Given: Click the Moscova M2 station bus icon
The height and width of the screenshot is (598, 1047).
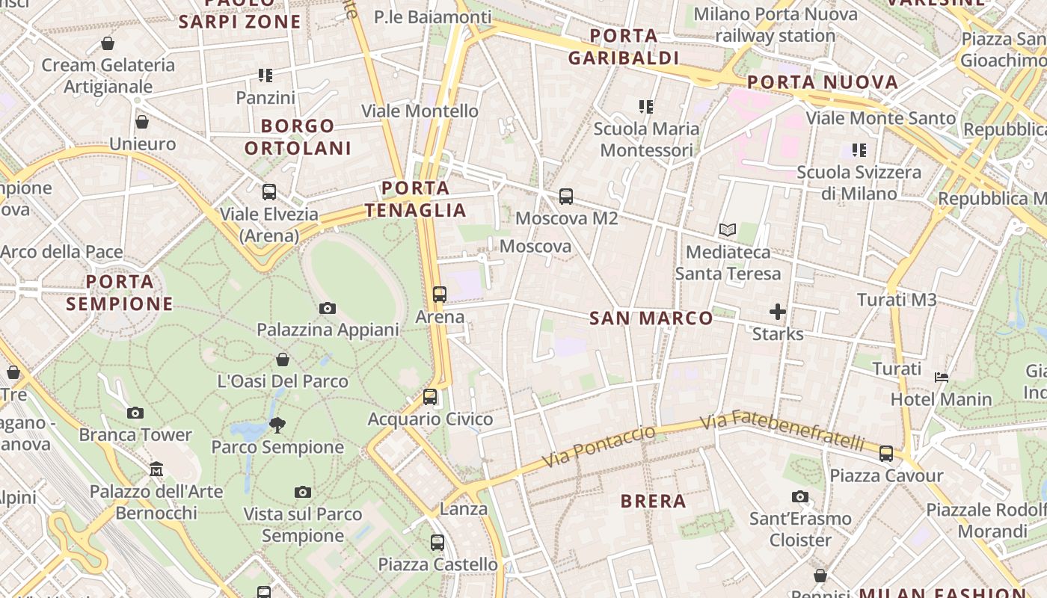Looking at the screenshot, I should pos(566,197).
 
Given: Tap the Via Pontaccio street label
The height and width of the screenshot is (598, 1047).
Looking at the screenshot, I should pos(599,447).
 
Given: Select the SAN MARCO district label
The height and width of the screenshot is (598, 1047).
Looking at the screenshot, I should pos(651,318).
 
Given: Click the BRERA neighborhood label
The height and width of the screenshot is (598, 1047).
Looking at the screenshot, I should pos(654,502).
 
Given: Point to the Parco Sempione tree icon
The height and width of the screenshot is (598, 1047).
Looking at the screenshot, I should pos(277,425).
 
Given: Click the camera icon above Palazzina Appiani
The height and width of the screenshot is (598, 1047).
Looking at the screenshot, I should pos(327,308).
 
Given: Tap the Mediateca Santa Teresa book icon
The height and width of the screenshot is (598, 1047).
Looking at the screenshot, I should pos(728,230).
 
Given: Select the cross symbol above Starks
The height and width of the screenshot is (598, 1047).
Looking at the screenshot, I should pos(778,312).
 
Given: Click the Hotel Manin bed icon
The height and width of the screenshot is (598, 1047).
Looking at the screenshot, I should pos(942,377).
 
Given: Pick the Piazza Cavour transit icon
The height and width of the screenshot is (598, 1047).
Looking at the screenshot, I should pos(886,453).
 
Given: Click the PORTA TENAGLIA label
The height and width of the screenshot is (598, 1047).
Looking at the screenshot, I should pos(416,199).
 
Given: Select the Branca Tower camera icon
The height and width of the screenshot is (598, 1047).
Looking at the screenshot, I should pos(135,413).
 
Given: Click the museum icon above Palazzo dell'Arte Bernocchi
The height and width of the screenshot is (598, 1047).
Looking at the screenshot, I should pos(156,469).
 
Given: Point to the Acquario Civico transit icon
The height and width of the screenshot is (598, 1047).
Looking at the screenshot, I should pos(430,397).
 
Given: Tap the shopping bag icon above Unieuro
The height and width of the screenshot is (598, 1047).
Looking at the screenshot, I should pos(142,122).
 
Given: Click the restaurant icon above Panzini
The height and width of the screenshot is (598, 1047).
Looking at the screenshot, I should pos(265,75).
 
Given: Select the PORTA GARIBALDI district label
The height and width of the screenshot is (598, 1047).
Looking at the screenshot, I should pos(624,47).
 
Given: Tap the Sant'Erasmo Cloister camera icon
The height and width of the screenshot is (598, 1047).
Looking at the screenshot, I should pos(800,496).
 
